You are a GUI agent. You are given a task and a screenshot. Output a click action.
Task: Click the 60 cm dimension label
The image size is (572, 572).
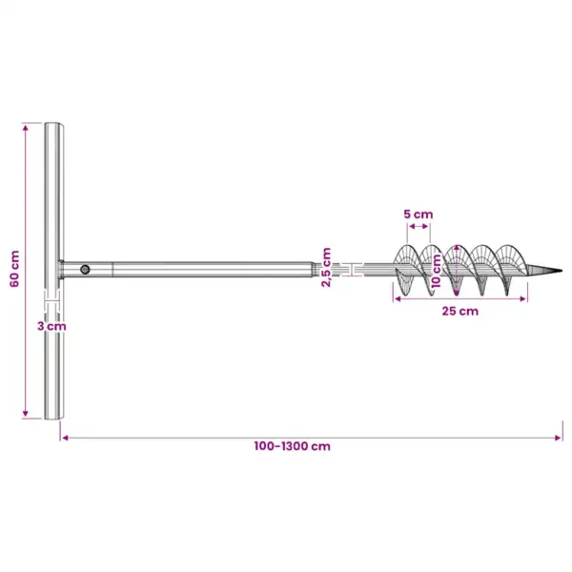(x=14, y=269)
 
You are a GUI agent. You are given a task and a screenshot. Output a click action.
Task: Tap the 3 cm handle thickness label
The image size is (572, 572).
(x=51, y=326)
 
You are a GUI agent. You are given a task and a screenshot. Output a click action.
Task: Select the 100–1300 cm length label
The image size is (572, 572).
(x=293, y=446)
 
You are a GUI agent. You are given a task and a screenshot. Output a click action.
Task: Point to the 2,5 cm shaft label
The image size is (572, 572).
(x=326, y=267)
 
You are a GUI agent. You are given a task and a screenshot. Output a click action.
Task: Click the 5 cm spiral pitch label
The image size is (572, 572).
(x=419, y=214)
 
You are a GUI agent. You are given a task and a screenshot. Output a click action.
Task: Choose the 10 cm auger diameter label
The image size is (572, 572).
(x=436, y=271)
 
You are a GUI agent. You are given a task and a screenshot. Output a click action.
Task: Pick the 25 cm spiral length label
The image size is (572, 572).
(x=460, y=311)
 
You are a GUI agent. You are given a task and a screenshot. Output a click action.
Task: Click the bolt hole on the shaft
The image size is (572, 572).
(x=85, y=270)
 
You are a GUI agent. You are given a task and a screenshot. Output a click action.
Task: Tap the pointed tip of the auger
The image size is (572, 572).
(x=562, y=271)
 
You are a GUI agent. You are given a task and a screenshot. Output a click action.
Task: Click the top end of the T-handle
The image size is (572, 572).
(x=54, y=123)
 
